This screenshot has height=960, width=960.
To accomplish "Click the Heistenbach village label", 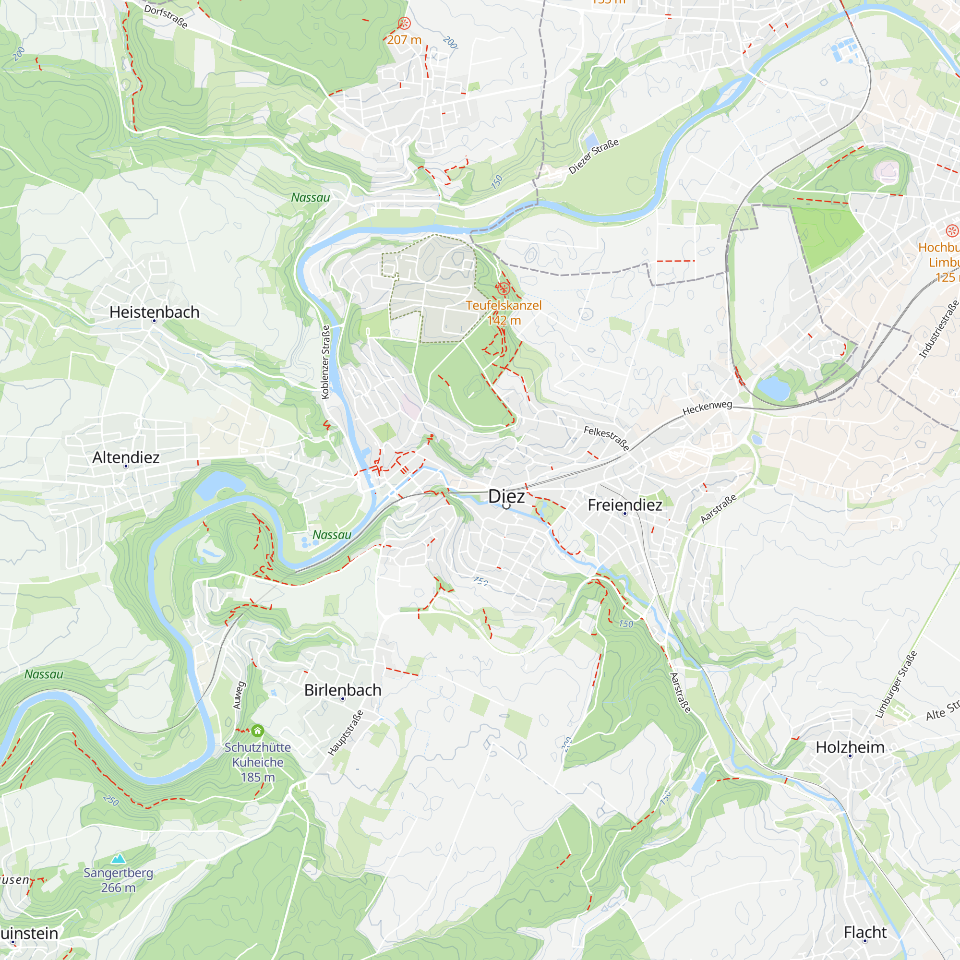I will point(154,312).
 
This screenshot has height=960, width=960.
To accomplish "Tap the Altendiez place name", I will point(126,457).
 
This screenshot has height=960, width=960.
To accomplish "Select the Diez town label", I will point(506,496).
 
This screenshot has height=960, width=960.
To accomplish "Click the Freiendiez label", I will point(624,505).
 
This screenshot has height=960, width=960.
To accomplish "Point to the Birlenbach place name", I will point(342,690).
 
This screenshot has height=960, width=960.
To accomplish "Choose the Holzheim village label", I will point(850,747).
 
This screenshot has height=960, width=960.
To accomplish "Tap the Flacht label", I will point(864,932).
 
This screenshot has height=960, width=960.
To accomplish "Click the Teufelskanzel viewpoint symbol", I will point(503,288).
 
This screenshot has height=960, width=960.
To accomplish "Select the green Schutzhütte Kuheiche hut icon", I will point(257,731).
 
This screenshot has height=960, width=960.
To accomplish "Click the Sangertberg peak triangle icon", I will point(118,858).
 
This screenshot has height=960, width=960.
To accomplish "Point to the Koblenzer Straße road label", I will point(325,362).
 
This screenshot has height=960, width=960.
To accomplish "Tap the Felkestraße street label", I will point(606,438).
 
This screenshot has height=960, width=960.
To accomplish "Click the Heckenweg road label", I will point(707,408).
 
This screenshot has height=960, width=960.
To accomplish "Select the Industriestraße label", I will point(938,329).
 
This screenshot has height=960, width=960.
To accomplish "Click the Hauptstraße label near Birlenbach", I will point(345,733).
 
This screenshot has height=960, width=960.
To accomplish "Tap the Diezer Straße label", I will point(593,156).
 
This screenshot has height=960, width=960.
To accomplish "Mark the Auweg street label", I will point(239,695).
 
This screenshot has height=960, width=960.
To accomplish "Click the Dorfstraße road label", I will point(166,16).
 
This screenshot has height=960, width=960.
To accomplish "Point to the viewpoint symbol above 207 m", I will point(404,23).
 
